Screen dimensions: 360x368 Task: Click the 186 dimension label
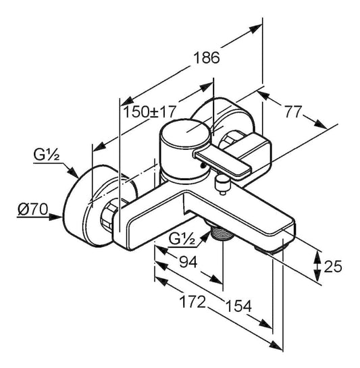[x=207, y=58]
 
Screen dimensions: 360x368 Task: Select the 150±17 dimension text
[x=149, y=111]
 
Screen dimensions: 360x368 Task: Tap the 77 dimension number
[x=292, y=111]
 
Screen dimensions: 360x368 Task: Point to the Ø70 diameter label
[x=33, y=209]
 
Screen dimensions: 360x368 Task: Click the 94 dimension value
[x=188, y=262]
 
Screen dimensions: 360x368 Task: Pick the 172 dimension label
[x=192, y=302]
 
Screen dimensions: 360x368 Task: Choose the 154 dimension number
[x=238, y=306]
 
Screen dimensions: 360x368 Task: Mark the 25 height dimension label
[x=333, y=267]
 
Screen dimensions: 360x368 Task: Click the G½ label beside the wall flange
[x=47, y=155]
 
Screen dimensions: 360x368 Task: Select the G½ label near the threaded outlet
[x=182, y=239]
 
